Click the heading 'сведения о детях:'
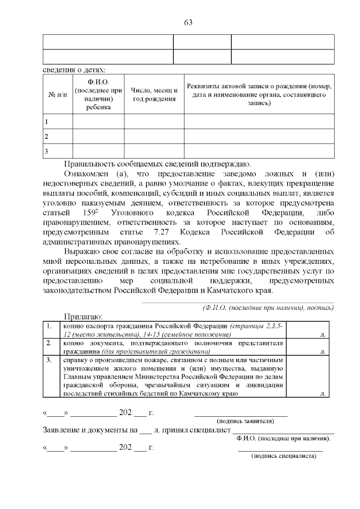pos(74,70)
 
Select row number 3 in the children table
pos(46,151)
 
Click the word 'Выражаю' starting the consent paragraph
pos(82,252)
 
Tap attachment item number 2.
pos(49,343)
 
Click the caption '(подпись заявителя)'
pos(245,421)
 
